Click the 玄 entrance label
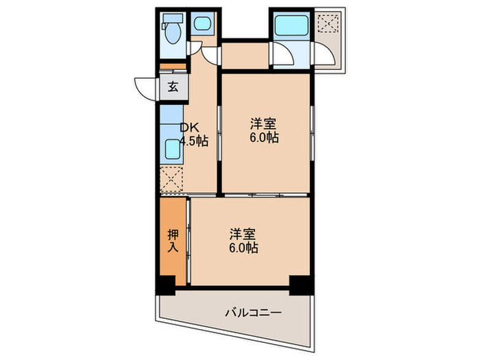click(173, 87)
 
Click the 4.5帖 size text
click(193, 141)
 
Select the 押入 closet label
click(173, 240)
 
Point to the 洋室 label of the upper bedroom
click(263, 124)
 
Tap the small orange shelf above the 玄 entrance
click(173, 67)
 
